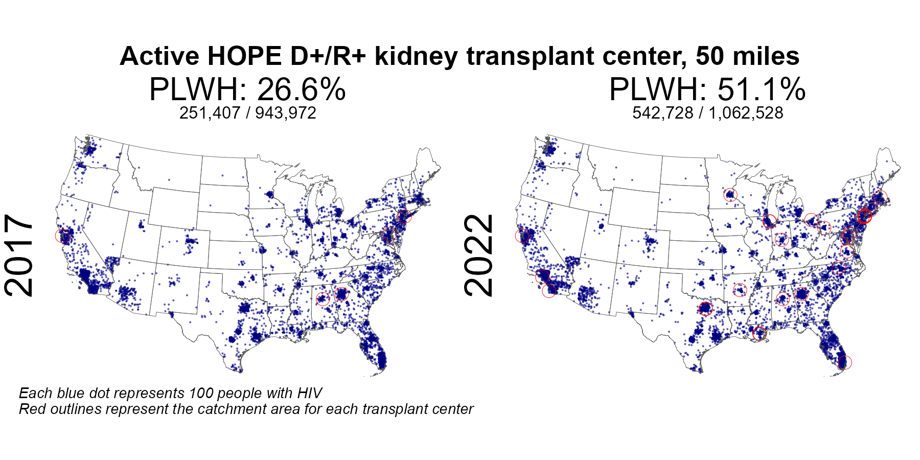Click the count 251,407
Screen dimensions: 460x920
click(x=210, y=113)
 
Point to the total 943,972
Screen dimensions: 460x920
click(x=286, y=113)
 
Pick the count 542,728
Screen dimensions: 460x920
click(x=663, y=113)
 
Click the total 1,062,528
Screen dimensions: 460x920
click(x=746, y=113)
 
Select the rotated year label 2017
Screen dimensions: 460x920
click(x=19, y=256)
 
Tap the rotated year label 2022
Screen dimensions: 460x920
click(x=479, y=256)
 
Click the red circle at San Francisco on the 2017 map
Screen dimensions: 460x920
click(x=62, y=236)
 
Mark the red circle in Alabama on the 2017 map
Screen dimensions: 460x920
click(x=323, y=299)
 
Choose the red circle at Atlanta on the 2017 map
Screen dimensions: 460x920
click(x=341, y=294)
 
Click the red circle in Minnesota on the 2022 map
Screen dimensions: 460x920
click(x=731, y=195)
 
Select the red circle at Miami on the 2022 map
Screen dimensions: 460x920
click(x=845, y=363)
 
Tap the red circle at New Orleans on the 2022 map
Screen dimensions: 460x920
click(x=760, y=334)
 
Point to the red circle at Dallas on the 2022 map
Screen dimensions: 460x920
click(x=705, y=309)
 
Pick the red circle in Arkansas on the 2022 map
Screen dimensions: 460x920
click(x=740, y=290)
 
